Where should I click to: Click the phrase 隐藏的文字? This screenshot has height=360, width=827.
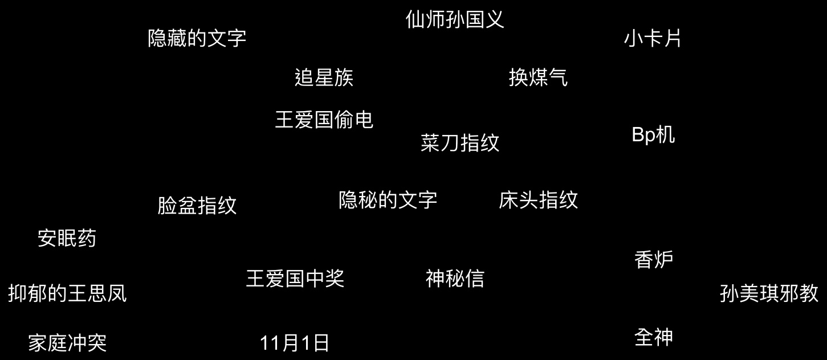(x=197, y=38)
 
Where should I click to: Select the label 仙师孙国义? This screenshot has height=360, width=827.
(x=454, y=19)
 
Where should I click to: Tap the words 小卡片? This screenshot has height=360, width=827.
(x=653, y=38)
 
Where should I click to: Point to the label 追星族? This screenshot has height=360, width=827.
(x=324, y=77)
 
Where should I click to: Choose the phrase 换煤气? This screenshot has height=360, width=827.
(x=538, y=77)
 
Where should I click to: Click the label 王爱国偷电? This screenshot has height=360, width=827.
(x=324, y=120)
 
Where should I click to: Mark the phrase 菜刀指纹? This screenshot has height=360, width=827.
(x=459, y=143)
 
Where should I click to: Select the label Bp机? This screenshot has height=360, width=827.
(x=653, y=134)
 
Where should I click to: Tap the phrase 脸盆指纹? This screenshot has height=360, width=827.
(x=197, y=206)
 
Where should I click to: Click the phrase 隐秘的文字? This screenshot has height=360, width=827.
(x=388, y=200)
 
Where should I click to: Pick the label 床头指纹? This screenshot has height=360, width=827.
(x=538, y=200)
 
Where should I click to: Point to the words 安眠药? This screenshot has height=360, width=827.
(x=67, y=238)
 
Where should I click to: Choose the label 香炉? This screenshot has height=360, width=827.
(x=654, y=260)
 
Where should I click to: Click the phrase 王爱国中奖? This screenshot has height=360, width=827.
(x=295, y=279)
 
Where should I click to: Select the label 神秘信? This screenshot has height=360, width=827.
(x=455, y=279)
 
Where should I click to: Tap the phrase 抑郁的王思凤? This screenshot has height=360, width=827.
(x=67, y=293)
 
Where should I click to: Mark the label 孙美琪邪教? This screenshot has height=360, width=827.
(x=769, y=293)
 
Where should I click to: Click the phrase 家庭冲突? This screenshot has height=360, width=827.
(x=67, y=343)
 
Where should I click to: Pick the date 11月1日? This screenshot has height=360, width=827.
(x=294, y=343)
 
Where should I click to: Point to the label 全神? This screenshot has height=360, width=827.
(x=654, y=337)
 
